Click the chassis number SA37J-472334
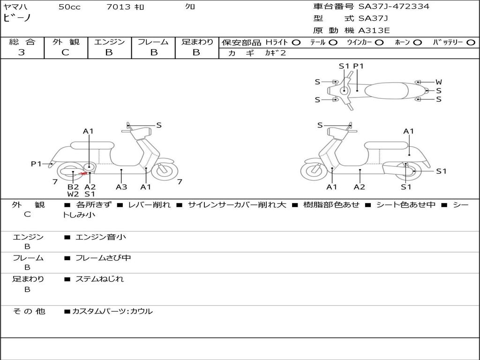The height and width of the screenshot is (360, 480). [x=394, y=7]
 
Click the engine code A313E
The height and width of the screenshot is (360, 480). [x=374, y=31]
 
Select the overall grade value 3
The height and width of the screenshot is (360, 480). [x=22, y=52]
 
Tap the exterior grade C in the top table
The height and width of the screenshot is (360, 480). [x=65, y=52]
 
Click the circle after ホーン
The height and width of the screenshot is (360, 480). [x=418, y=42]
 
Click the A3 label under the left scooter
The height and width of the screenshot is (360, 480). [x=121, y=187]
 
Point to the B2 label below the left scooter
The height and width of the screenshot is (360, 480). [x=73, y=187]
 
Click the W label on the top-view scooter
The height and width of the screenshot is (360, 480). [x=439, y=82]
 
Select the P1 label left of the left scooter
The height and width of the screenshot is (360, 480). [x=36, y=164]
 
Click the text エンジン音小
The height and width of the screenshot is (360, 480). [x=101, y=237]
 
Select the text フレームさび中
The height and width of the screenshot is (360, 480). [x=103, y=258]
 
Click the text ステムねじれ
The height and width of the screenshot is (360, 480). [x=100, y=279]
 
